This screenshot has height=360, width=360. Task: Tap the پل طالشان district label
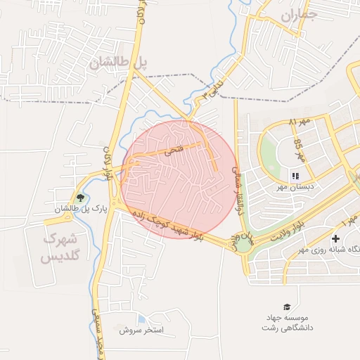pyautogui.click(x=120, y=62)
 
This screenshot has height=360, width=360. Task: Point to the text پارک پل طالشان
pyautogui.click(x=81, y=209)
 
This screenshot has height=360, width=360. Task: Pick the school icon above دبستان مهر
pyautogui.click(x=295, y=175)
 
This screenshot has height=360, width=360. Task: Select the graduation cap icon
pyautogui.click(x=286, y=307)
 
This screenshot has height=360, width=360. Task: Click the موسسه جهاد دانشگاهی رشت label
pyautogui.click(x=288, y=323)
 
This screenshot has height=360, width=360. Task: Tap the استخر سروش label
pyautogui.click(x=141, y=330)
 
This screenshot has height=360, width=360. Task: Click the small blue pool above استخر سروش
pyautogui.click(x=143, y=319)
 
